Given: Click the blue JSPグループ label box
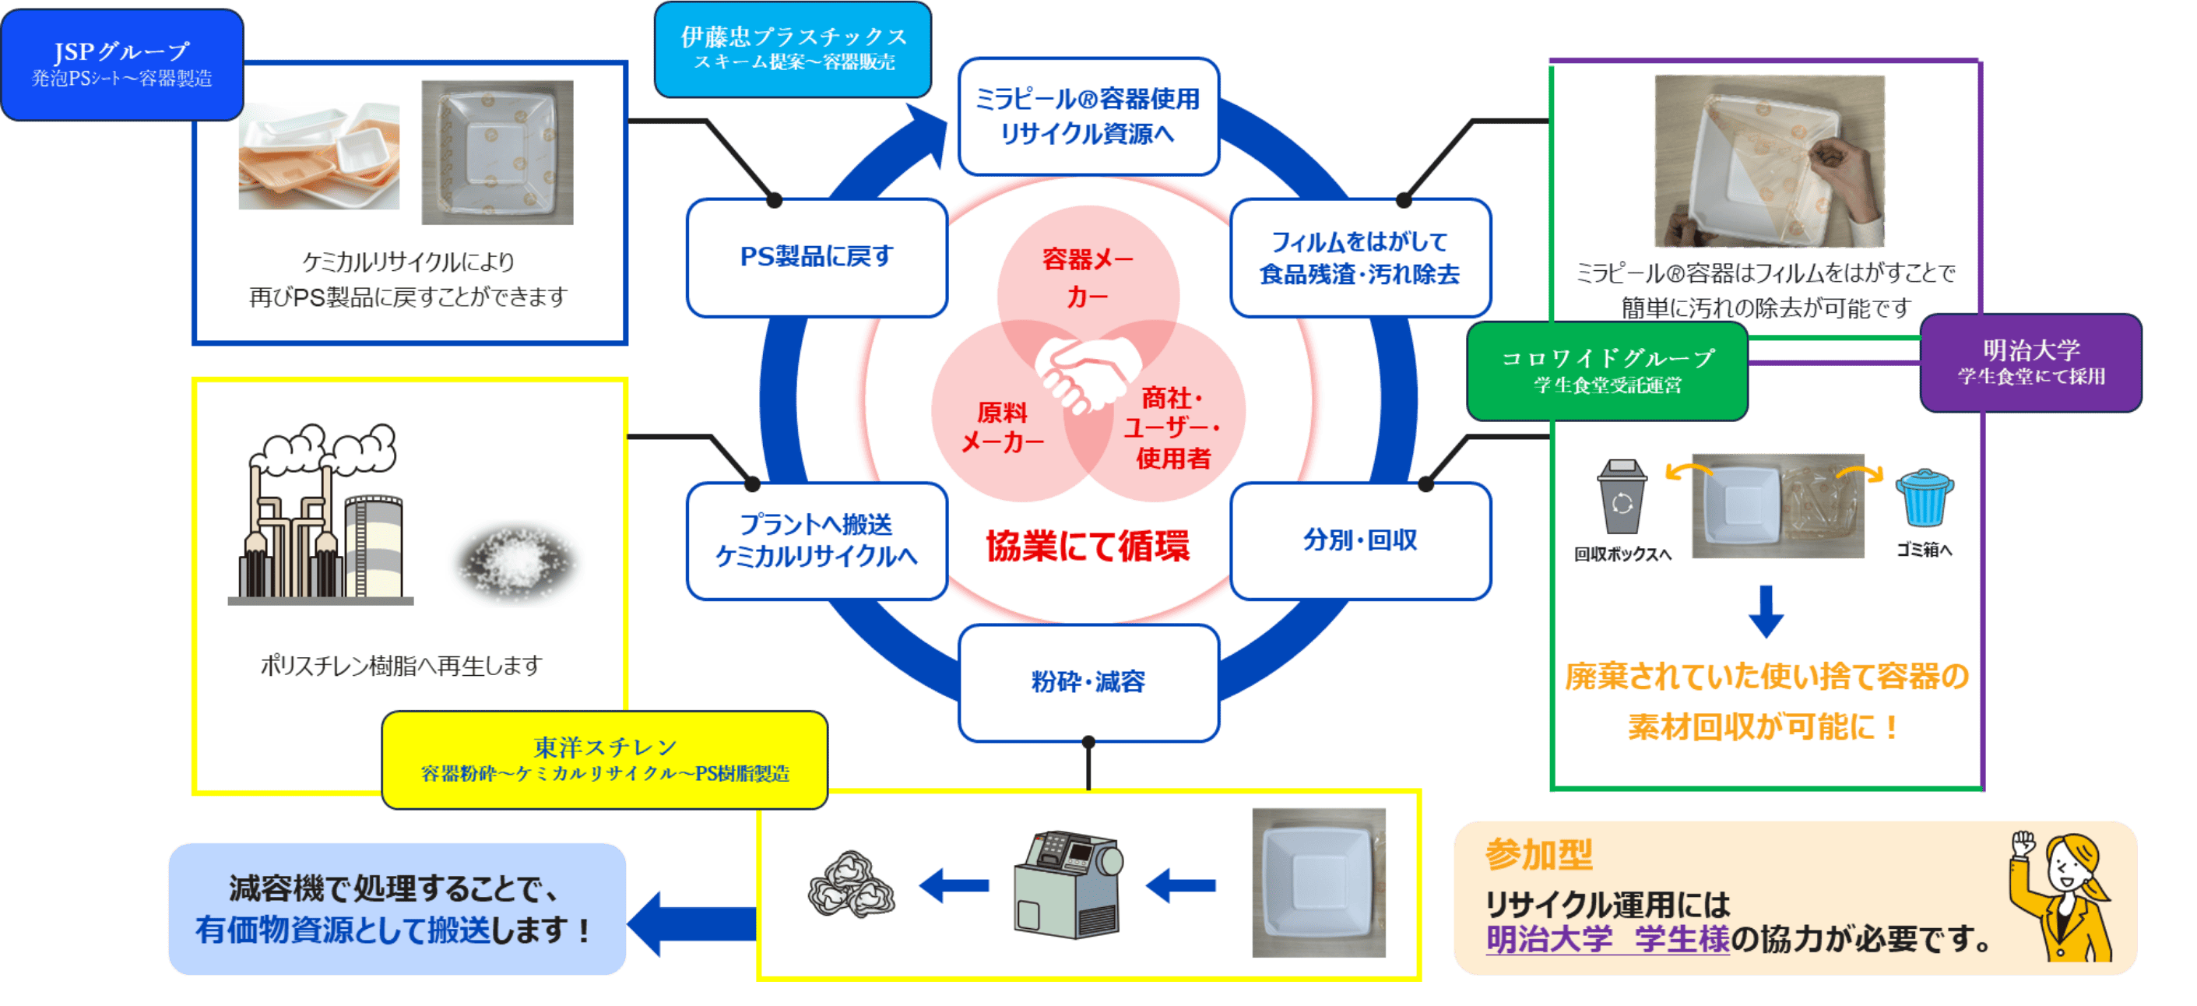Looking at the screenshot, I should (122, 64).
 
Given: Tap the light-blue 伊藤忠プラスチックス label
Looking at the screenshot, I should (793, 48).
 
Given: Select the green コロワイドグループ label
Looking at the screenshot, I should (1607, 371).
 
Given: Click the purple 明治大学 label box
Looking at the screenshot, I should (2030, 363).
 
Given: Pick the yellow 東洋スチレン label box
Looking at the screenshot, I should (605, 759).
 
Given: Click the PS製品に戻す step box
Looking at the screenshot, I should (816, 257).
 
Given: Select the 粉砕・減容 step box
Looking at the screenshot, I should (1088, 682).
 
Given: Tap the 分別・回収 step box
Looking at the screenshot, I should (1359, 540).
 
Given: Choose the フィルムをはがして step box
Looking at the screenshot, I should (1359, 257).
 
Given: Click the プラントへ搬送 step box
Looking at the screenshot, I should (816, 540).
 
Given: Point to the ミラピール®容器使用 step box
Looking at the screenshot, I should (1088, 116).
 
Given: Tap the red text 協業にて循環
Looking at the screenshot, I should (1088, 546).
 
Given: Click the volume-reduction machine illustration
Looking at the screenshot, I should (1068, 885).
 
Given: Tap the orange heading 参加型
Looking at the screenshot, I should (1538, 854).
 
